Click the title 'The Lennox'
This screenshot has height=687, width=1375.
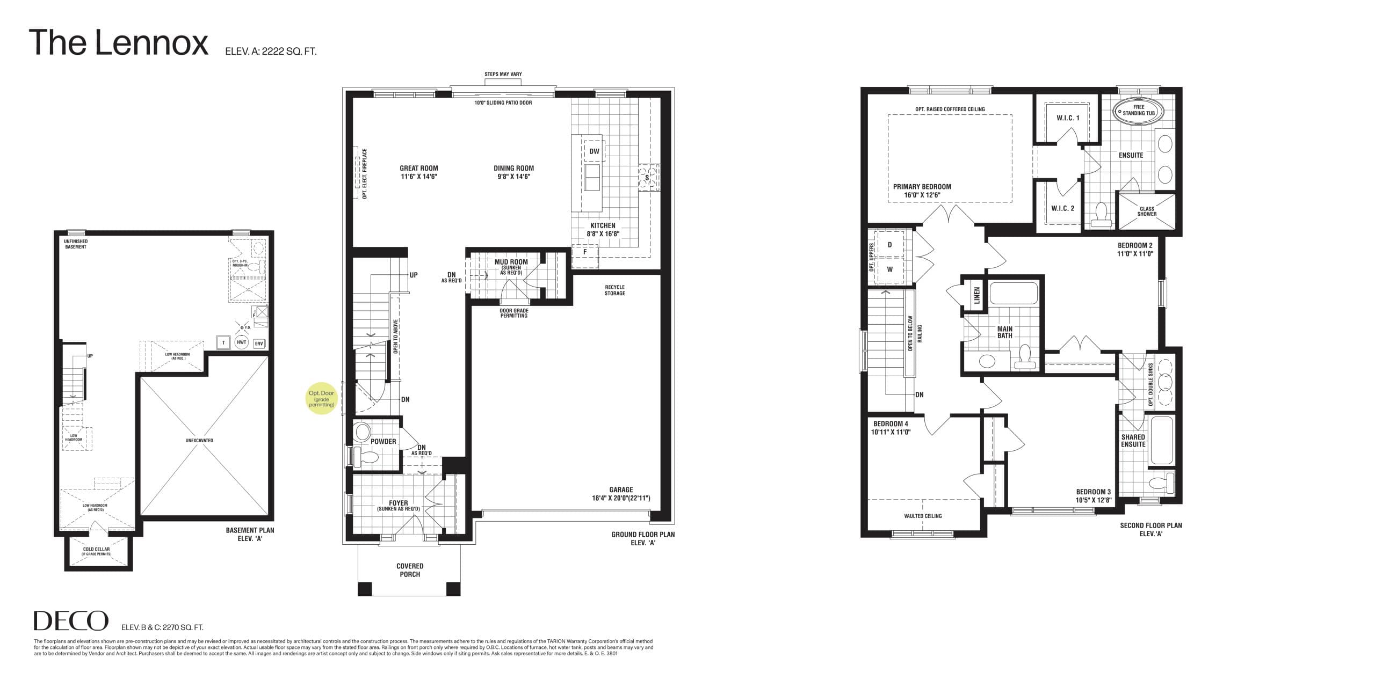pyautogui.click(x=118, y=43)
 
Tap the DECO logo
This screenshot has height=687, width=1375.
pyautogui.click(x=70, y=621)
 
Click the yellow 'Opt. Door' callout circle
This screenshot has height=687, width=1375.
pyautogui.click(x=321, y=399)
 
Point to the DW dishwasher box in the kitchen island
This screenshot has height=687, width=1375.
pyautogui.click(x=594, y=151)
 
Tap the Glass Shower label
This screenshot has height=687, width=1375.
pyautogui.click(x=1147, y=211)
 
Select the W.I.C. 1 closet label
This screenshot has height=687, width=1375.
pyautogui.click(x=1067, y=118)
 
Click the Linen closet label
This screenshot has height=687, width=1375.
pyautogui.click(x=977, y=296)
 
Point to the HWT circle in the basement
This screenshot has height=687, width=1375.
pyautogui.click(x=242, y=343)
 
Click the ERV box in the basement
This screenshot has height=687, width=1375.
pyautogui.click(x=259, y=343)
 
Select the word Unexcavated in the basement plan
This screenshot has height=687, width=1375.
pyautogui.click(x=199, y=441)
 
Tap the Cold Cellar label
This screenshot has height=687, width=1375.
pyautogui.click(x=96, y=551)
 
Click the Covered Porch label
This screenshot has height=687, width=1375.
pyautogui.click(x=410, y=570)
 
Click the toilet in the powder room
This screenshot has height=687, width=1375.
pyautogui.click(x=368, y=457)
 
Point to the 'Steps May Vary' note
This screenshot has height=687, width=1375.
pyautogui.click(x=503, y=75)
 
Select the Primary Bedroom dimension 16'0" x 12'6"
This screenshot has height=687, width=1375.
pyautogui.click(x=922, y=195)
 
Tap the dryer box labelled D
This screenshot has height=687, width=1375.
pyautogui.click(x=889, y=245)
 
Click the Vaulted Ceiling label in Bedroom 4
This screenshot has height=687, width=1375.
pyautogui.click(x=923, y=516)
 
